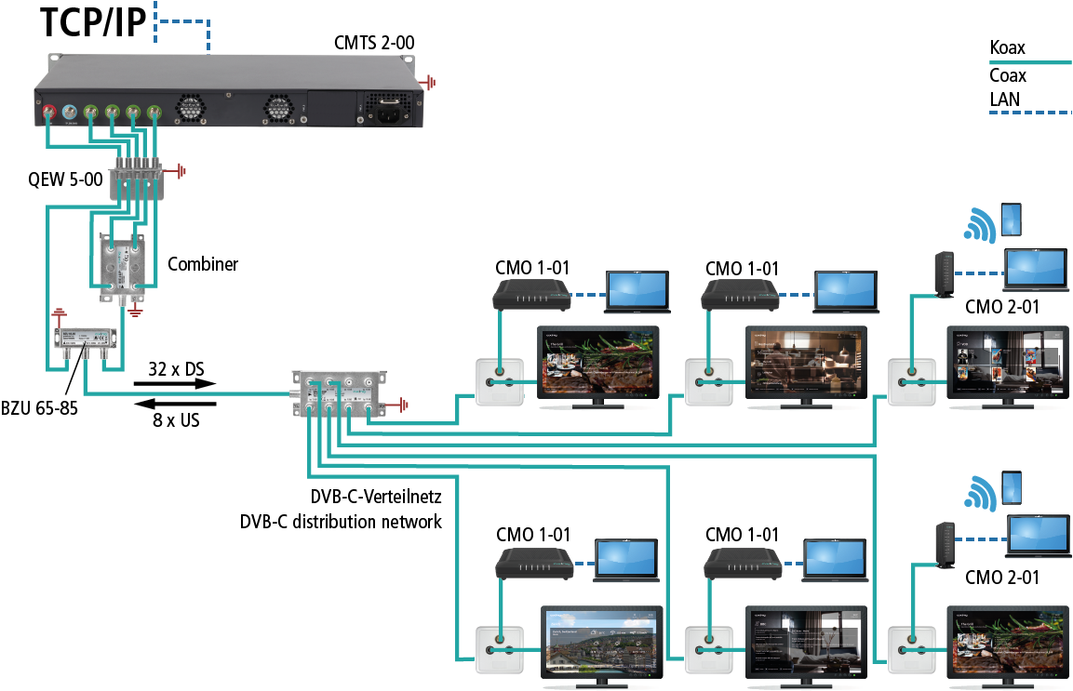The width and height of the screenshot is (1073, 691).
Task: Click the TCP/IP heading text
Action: tap(93, 22)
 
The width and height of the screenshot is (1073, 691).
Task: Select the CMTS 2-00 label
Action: tap(374, 43)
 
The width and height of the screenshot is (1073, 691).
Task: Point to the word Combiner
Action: tap(203, 264)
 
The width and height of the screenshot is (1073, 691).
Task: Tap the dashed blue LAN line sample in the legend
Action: tap(1028, 113)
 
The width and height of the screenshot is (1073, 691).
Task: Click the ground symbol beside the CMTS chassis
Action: tap(430, 83)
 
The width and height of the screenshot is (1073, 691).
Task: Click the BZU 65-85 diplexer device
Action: tap(85, 342)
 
